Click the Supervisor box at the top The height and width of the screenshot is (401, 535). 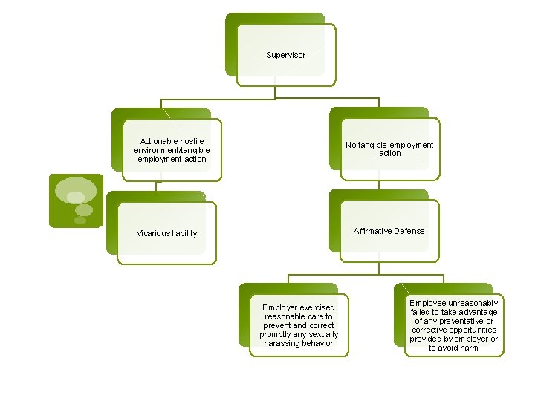[x=285, y=55]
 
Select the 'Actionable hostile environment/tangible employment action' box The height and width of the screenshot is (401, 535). [x=171, y=150]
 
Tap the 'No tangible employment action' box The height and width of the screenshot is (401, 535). [x=389, y=149]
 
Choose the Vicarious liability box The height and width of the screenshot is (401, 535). [x=166, y=233]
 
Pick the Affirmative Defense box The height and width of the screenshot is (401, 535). [x=389, y=231]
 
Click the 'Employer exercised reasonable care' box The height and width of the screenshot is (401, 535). [x=299, y=325]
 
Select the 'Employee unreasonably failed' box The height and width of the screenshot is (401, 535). [x=453, y=325]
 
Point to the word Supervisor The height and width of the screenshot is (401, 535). [x=285, y=55]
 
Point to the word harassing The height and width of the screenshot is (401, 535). [x=282, y=343]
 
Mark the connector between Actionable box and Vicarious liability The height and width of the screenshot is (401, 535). [x=156, y=186]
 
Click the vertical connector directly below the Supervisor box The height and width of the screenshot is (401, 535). [x=275, y=93]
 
